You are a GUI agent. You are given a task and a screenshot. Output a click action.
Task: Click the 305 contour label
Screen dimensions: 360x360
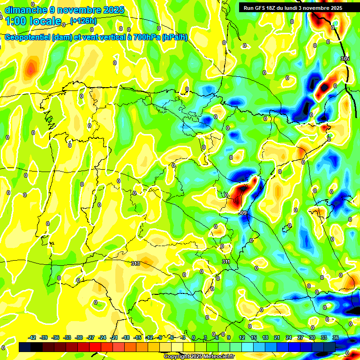point(345,59)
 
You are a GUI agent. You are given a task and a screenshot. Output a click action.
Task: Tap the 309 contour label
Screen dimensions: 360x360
point(242,213)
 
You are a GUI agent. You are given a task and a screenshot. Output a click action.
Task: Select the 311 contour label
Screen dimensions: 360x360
point(226,262)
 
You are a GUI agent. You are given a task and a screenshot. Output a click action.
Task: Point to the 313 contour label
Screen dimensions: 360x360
point(135,263)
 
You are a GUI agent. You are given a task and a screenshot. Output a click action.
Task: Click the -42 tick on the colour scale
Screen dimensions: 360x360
point(32,337)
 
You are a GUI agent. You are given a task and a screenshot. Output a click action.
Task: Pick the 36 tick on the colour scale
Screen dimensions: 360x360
point(335,337)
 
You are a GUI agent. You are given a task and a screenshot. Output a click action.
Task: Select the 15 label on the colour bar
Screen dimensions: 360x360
point(253,337)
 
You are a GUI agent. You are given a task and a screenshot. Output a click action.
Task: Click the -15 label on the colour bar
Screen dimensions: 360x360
point(137,337)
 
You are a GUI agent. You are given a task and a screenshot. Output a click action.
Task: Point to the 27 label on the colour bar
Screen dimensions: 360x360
point(300,337)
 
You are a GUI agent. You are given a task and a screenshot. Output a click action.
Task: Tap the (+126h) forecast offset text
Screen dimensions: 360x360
point(83,21)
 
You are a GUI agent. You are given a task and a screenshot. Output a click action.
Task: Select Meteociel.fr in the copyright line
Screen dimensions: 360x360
point(216,356)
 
